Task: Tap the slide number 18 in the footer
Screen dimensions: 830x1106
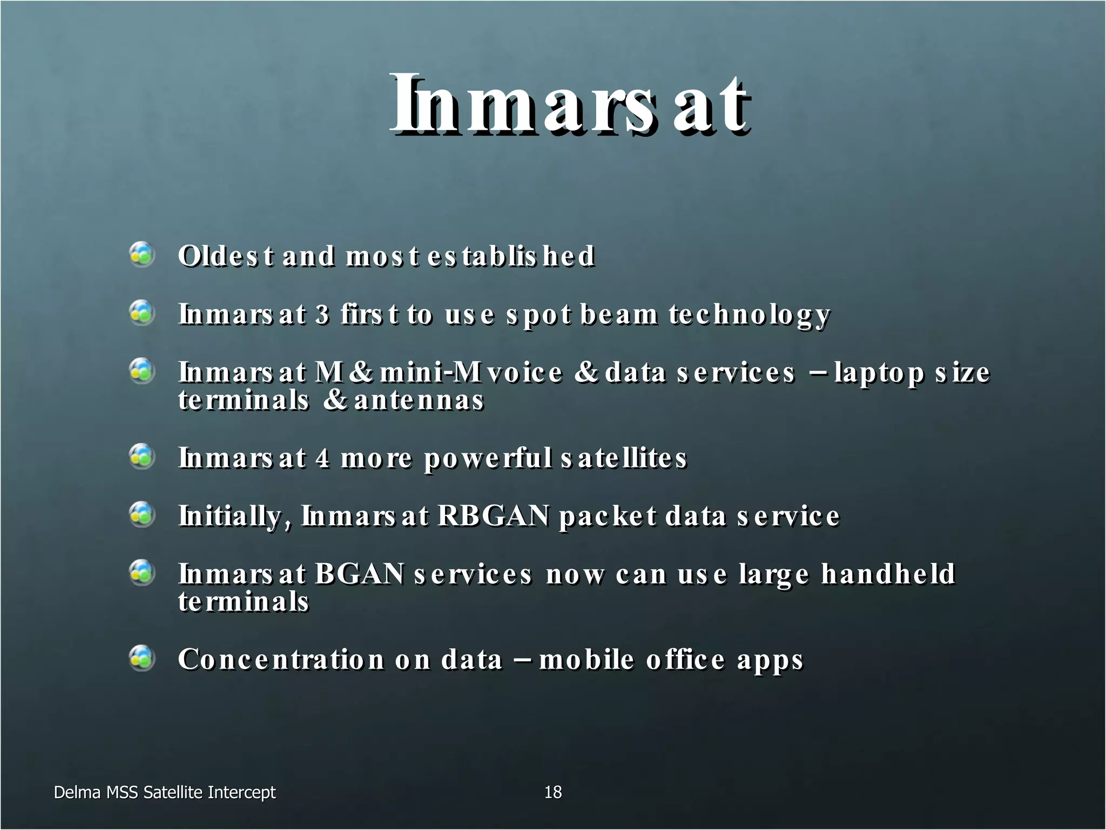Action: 553,792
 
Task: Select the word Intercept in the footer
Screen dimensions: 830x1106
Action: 241,793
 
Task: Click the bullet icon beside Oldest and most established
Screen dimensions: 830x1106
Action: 142,255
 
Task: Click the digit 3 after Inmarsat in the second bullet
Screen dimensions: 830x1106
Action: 322,314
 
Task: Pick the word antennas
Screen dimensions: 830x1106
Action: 419,400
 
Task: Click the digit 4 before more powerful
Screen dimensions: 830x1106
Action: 322,458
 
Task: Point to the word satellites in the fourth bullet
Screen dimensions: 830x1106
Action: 624,458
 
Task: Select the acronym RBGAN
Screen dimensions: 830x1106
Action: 494,516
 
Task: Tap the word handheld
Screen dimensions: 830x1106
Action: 888,573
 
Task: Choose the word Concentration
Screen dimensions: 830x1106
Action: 281,659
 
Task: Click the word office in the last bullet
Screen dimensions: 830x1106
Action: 685,659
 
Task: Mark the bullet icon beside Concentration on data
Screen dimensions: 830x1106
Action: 142,658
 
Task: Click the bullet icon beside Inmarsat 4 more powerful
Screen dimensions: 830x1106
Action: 142,457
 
